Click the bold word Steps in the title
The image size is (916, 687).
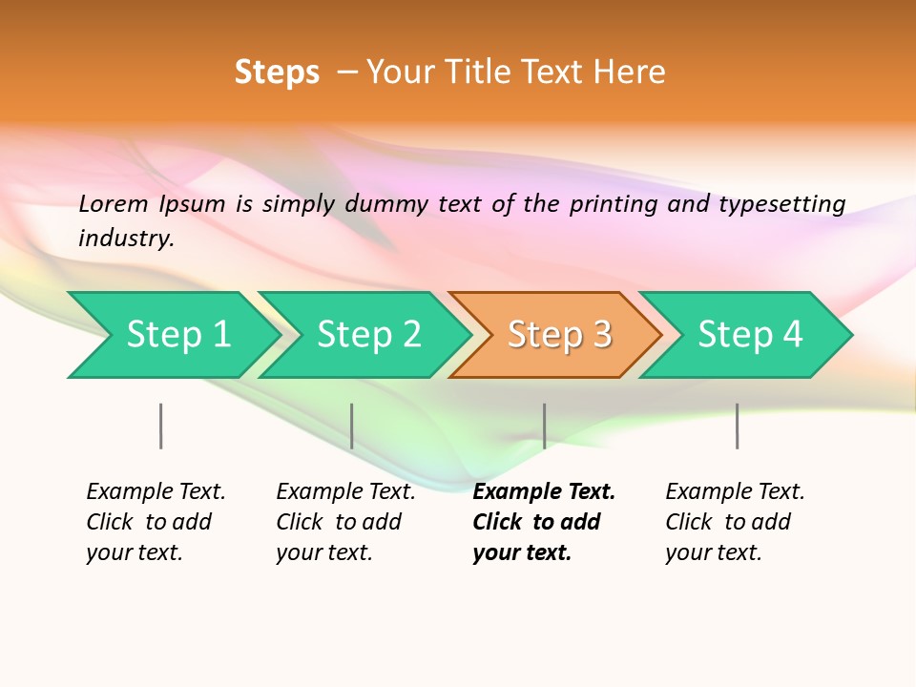[277, 73]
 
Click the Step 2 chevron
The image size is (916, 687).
[366, 335]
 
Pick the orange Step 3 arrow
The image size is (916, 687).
[557, 335]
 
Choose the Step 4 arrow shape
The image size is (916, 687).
[748, 335]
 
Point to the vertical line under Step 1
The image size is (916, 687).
[161, 426]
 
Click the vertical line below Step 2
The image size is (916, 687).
[352, 426]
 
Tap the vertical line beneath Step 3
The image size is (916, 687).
[544, 426]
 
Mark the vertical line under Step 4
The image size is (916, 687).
[737, 426]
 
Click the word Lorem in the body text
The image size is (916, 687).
[114, 204]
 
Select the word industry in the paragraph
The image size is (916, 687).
[126, 239]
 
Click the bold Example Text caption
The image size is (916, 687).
[542, 522]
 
